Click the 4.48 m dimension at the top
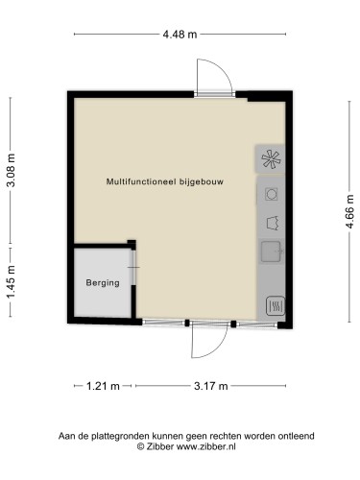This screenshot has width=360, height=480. click(180, 35)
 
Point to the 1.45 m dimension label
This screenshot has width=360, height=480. click(12, 284)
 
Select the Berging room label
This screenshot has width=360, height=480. click(102, 283)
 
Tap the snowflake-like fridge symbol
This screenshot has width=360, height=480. click(270, 159)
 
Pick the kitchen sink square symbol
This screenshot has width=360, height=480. click(270, 253)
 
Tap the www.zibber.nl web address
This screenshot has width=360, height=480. click(207, 447)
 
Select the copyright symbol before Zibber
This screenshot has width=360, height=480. click(140, 447)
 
